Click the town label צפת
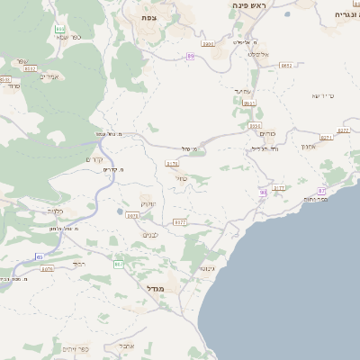pos(148,18)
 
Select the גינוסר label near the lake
pos(207,268)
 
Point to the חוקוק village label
pos(148,205)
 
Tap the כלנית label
pos(54,211)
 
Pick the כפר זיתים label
pos(75,348)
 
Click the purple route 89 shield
pos(191,57)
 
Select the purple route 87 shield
pos(321,191)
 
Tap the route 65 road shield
pos(40,257)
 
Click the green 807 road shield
pos(118,265)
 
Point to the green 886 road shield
pos(59,30)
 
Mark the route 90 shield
pos(263,192)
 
